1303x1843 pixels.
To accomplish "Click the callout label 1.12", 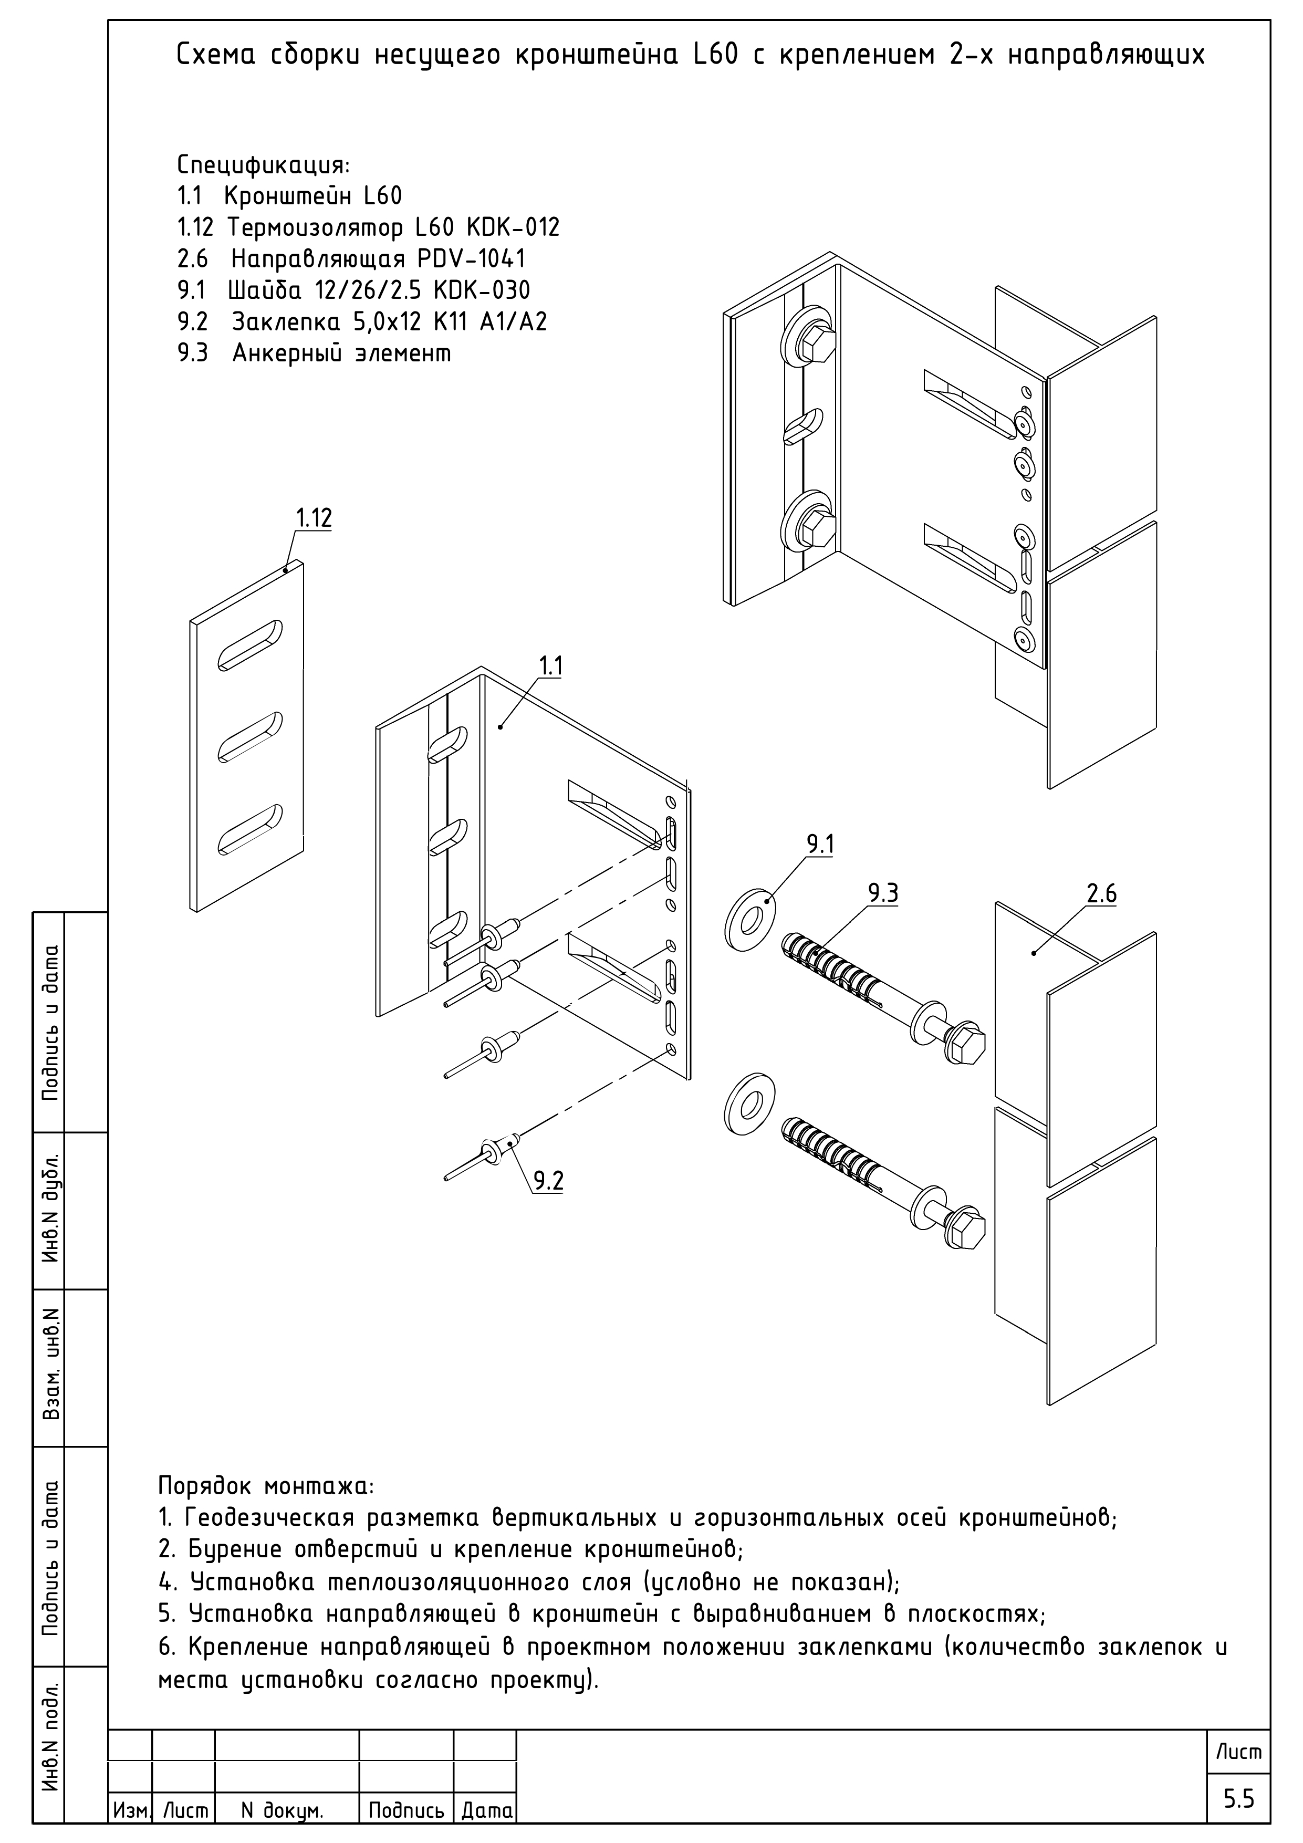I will (313, 518).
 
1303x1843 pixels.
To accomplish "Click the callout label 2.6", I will (1101, 893).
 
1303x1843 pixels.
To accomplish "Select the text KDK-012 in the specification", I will (512, 228).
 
